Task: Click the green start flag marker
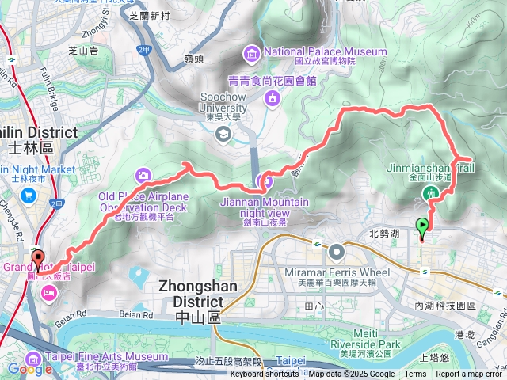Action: pyautogui.click(x=422, y=227)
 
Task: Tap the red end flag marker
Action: pyautogui.click(x=37, y=259)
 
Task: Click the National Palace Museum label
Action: pyautogui.click(x=326, y=52)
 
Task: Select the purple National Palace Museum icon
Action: pyautogui.click(x=252, y=53)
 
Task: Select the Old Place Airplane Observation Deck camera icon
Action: pyautogui.click(x=143, y=174)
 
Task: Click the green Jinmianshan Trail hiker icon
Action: pyautogui.click(x=432, y=192)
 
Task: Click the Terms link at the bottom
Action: pyautogui.click(x=415, y=374)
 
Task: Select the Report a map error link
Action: pyautogui.click(x=471, y=374)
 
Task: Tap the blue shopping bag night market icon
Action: pyautogui.click(x=29, y=196)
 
